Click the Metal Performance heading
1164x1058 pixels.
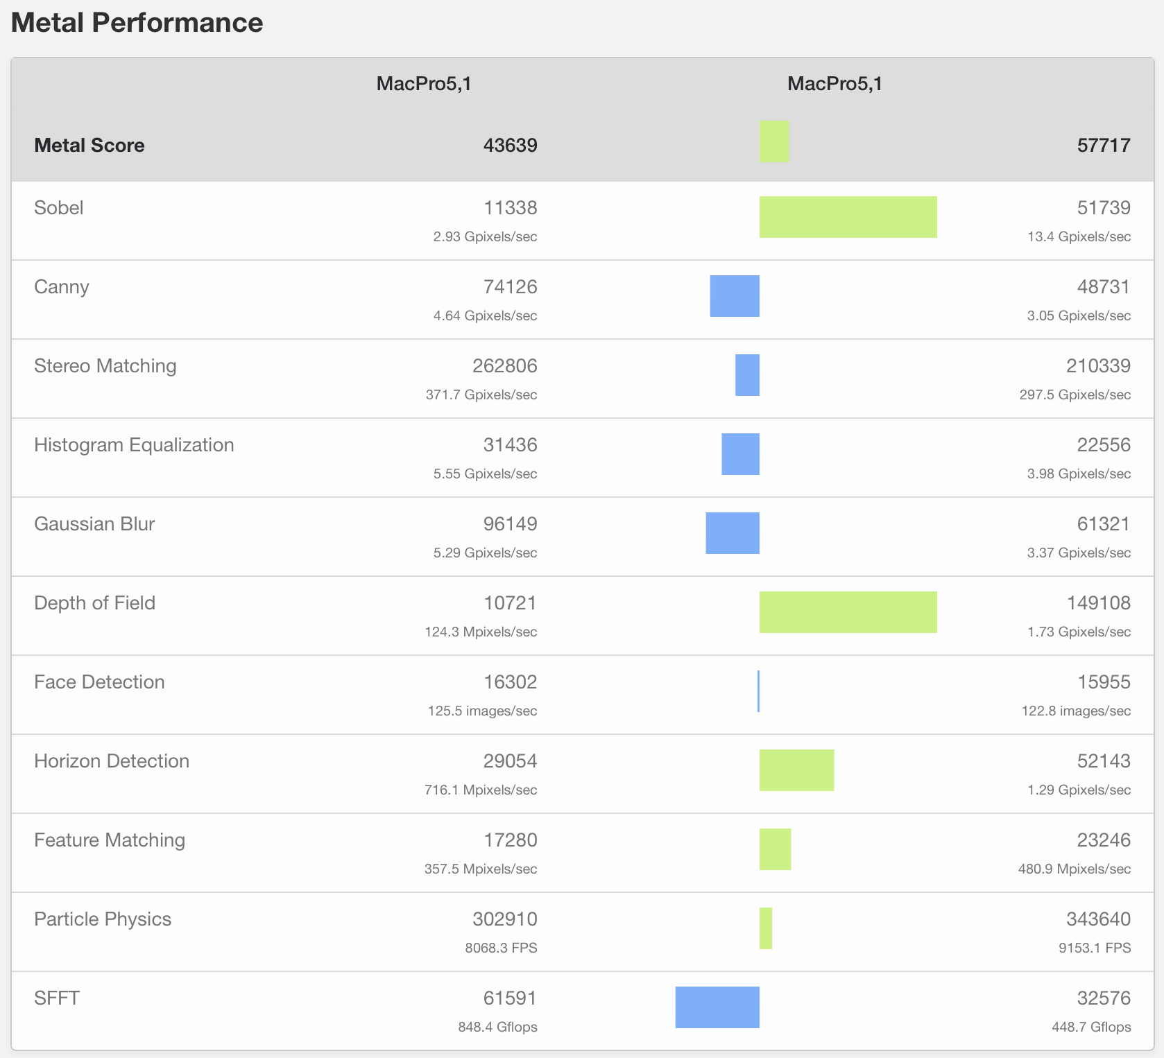pos(137,23)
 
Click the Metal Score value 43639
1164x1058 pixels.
pos(510,145)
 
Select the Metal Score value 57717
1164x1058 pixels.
pos(1103,145)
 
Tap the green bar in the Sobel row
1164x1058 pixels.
pos(848,217)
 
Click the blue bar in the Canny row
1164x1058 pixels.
pos(735,296)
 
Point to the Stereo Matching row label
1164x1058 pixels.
pos(105,366)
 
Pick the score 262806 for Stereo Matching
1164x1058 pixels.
pos(504,366)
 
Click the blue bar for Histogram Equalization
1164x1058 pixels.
pos(740,454)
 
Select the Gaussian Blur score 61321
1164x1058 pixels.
pos(1103,524)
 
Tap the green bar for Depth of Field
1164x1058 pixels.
pos(848,612)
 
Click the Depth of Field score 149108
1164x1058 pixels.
pos(1098,603)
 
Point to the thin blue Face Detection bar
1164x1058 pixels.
pos(758,691)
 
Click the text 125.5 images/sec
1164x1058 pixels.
pos(482,711)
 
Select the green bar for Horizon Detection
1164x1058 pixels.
pos(796,770)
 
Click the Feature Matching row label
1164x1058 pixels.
pos(110,840)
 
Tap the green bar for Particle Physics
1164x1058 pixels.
pos(766,928)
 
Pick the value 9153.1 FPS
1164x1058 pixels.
pos(1094,948)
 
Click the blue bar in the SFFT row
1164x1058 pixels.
pos(717,1007)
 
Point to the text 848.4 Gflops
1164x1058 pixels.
pos(497,1027)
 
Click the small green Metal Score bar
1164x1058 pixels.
pos(774,141)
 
